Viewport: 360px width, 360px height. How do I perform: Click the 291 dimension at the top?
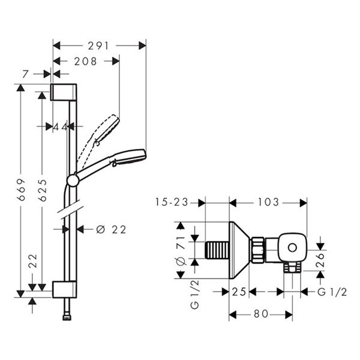pos(100,44)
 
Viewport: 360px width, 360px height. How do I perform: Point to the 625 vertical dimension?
pos(41,190)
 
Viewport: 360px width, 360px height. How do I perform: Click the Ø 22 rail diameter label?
pos(111,229)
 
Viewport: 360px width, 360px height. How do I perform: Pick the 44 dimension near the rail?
pos(60,127)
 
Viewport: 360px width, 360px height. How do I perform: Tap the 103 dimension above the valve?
pos(268,203)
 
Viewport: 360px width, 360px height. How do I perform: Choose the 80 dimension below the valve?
pos(259,314)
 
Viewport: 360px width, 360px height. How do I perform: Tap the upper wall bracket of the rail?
pos(64,92)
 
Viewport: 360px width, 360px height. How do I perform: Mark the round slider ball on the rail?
pos(73,179)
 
